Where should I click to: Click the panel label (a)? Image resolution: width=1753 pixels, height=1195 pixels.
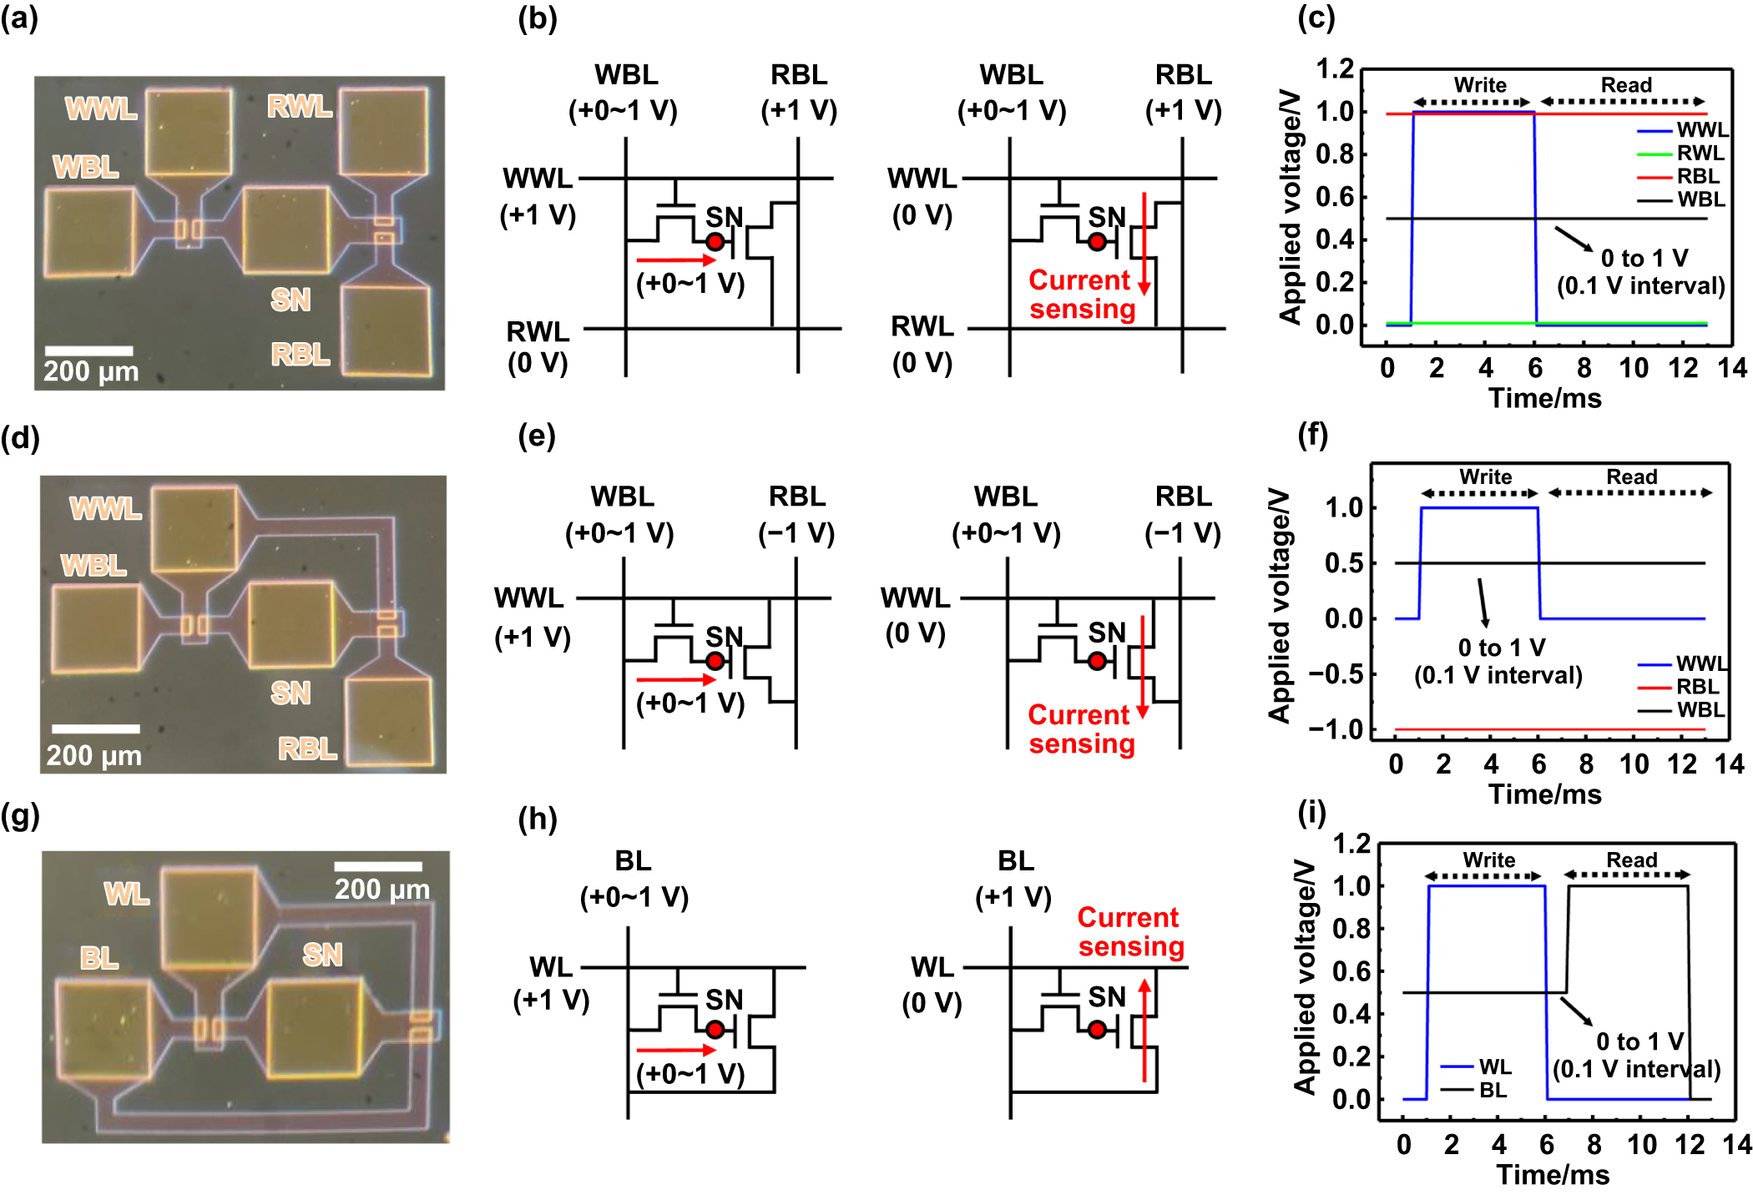pyautogui.click(x=19, y=18)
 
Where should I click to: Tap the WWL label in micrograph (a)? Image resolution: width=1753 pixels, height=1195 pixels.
pyautogui.click(x=101, y=108)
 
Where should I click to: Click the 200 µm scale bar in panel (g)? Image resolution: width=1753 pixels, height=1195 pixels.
pyautogui.click(x=378, y=866)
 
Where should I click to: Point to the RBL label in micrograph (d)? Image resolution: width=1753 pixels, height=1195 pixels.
pyautogui.click(x=307, y=749)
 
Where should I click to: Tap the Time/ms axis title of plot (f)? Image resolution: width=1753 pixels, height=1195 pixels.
pyautogui.click(x=1544, y=794)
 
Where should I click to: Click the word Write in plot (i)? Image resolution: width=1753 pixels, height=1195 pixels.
pyautogui.click(x=1488, y=860)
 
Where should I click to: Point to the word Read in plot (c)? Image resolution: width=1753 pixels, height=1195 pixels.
pyautogui.click(x=1625, y=85)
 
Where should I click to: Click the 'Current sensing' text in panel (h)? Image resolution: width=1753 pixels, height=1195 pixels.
pyautogui.click(x=1130, y=931)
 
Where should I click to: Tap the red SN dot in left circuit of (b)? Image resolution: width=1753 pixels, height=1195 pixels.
pyautogui.click(x=715, y=242)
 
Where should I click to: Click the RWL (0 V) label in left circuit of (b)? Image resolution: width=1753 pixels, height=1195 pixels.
pyautogui.click(x=538, y=346)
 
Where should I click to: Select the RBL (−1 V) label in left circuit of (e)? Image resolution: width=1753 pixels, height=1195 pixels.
pyautogui.click(x=796, y=514)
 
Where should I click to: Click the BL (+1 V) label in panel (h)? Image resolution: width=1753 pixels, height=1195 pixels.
pyautogui.click(x=1014, y=879)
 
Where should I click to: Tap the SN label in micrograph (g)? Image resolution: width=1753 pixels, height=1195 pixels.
pyautogui.click(x=322, y=954)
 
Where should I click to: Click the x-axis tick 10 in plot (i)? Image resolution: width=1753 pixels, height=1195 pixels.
pyautogui.click(x=1641, y=1144)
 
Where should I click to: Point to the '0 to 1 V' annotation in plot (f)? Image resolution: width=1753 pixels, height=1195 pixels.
pyautogui.click(x=1500, y=648)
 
